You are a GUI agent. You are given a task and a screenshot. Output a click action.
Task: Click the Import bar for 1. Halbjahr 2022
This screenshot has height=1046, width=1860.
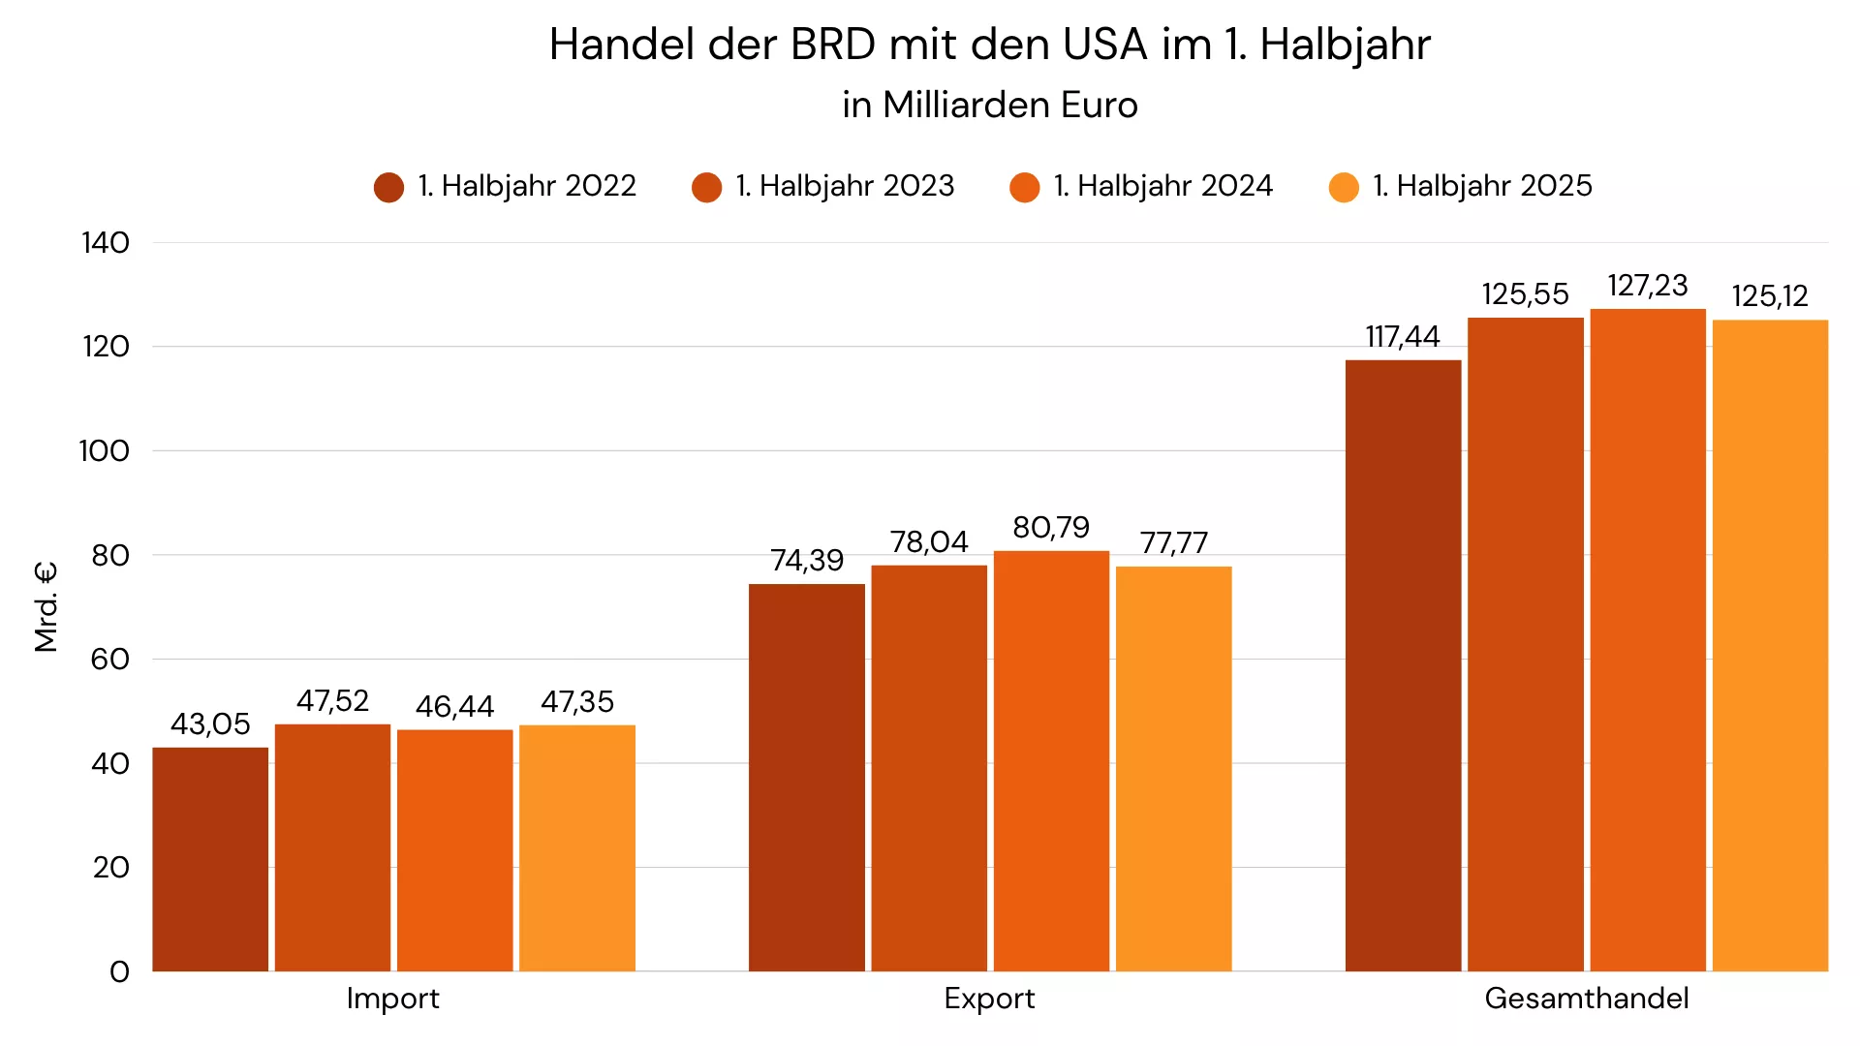click(x=210, y=859)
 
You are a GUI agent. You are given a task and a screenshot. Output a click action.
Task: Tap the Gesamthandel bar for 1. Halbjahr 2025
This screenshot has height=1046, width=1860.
click(x=1770, y=645)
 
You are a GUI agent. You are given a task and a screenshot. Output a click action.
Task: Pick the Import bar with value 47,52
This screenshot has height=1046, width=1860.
click(x=332, y=847)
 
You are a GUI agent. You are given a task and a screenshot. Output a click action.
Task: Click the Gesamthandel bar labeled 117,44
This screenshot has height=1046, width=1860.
click(x=1403, y=665)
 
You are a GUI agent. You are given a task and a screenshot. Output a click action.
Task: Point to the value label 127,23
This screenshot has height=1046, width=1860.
click(x=1647, y=286)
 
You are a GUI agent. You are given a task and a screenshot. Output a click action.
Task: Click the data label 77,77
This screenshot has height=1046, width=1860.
click(x=1173, y=543)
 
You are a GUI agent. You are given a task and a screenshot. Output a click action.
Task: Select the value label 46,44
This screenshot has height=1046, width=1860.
click(x=454, y=707)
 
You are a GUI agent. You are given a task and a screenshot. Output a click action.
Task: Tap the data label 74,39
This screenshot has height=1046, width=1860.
click(x=807, y=561)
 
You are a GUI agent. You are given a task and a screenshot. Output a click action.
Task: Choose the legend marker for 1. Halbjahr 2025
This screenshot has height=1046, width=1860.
click(x=1344, y=187)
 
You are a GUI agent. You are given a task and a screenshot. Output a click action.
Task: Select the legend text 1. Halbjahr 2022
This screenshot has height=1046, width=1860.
click(x=527, y=186)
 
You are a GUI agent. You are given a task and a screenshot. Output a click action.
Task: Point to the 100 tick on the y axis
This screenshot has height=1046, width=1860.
click(x=104, y=451)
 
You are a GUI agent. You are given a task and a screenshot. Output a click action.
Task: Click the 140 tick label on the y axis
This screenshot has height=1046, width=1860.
click(x=105, y=243)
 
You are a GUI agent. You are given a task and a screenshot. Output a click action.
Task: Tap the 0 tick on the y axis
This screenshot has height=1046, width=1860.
click(x=119, y=971)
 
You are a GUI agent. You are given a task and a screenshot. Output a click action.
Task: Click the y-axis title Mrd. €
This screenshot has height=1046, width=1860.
click(x=46, y=607)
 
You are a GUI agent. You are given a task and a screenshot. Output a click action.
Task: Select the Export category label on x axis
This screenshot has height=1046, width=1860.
click(x=989, y=999)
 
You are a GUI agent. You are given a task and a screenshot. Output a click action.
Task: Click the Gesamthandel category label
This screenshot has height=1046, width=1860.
click(x=1586, y=999)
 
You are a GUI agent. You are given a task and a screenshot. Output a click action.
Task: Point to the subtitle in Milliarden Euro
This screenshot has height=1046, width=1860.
click(x=989, y=105)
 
